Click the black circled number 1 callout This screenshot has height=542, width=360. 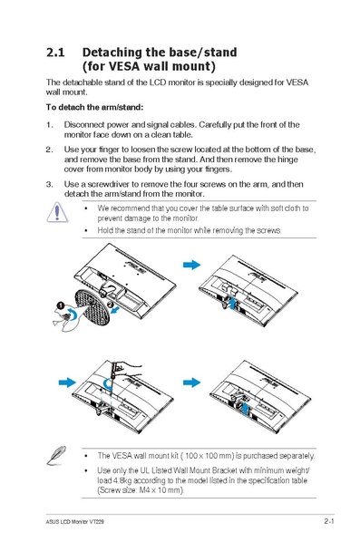[x=59, y=305]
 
